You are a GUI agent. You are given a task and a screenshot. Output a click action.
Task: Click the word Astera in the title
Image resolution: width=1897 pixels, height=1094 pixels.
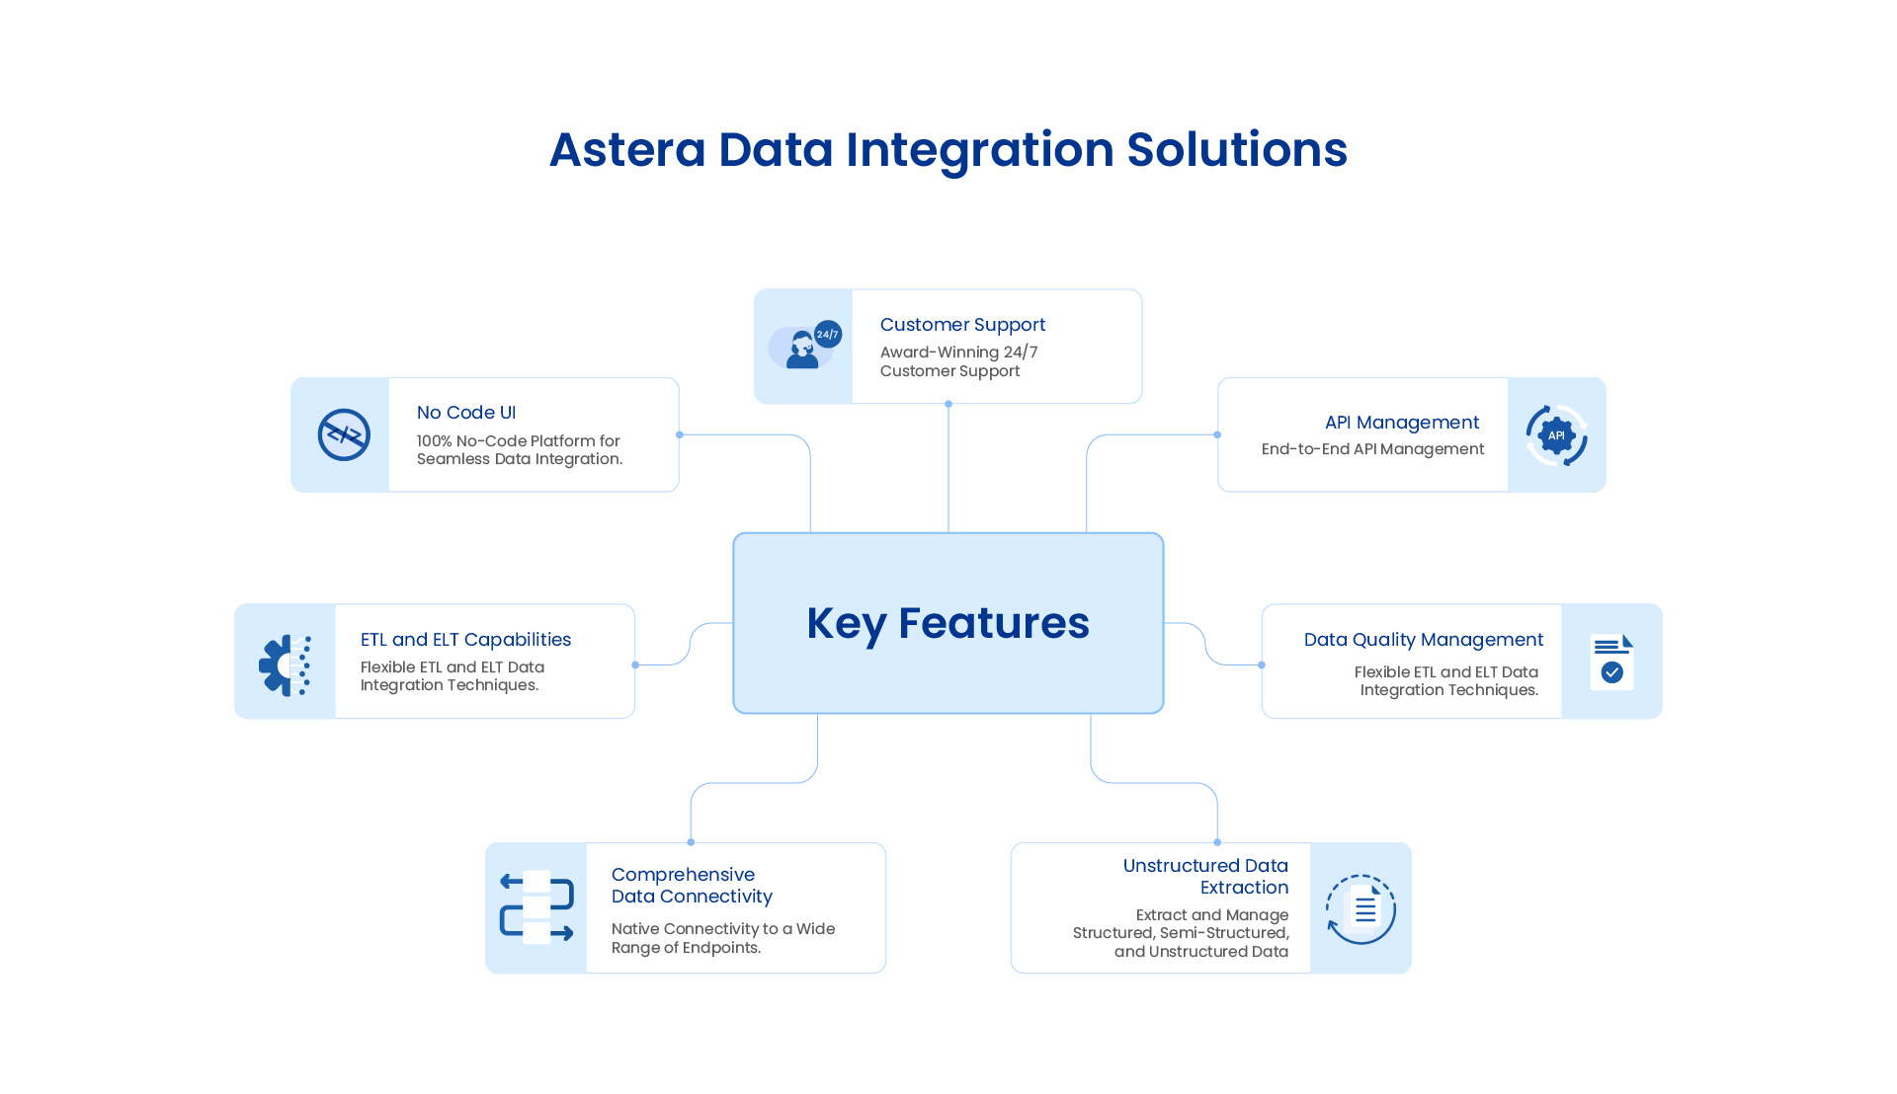pos(627,150)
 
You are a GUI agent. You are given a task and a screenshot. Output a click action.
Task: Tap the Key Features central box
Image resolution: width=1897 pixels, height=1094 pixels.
pos(948,623)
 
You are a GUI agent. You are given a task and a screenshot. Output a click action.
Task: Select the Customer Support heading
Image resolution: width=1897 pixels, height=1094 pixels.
pos(962,325)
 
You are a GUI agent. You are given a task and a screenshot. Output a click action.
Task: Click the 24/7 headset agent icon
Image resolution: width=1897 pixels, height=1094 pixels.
pos(803,347)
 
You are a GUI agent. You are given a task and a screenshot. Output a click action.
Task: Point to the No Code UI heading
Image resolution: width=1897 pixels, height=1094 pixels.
pos(465,413)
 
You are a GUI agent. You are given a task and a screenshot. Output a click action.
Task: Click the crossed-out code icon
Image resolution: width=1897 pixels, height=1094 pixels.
pos(343,434)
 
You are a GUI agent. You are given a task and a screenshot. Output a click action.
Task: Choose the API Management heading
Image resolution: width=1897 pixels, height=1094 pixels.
pos(1401,423)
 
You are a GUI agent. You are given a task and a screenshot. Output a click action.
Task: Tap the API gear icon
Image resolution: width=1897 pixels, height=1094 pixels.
pos(1556,434)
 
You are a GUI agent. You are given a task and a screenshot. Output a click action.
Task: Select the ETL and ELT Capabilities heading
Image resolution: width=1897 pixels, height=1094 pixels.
pos(465,640)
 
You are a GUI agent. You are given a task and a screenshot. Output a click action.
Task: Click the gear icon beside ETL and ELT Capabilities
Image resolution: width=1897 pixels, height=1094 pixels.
pos(285,664)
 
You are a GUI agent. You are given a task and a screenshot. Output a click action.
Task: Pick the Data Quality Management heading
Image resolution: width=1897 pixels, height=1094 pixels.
pos(1423,640)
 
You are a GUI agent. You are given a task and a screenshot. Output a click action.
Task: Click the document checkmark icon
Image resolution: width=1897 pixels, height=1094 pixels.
pos(1611,662)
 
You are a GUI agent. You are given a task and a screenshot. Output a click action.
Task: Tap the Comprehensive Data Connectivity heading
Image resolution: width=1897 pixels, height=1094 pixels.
pos(692,886)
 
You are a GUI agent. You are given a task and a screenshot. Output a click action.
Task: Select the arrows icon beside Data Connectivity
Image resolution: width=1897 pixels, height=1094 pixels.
pos(536,907)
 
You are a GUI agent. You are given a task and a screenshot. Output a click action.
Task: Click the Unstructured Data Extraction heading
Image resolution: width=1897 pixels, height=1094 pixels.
pos(1205,877)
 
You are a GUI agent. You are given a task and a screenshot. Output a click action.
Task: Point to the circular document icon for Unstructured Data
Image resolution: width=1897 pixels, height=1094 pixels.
pos(1361,908)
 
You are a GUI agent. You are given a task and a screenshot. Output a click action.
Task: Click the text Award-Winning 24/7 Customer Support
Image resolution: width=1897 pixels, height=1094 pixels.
pos(958,361)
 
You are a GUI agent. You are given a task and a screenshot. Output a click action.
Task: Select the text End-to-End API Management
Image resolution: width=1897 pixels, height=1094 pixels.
pos(1372,449)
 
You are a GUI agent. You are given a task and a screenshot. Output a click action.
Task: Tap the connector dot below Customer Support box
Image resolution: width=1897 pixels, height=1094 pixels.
pos(948,404)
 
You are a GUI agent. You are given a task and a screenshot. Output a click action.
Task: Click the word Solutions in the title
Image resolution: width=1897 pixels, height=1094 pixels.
pos(1236,150)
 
